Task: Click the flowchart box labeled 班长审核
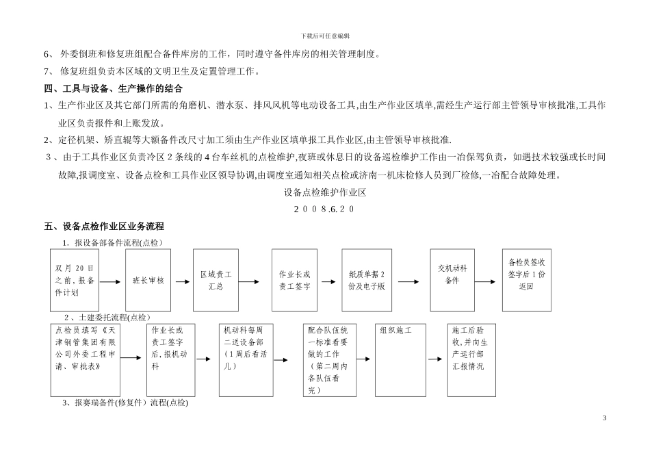(x=148, y=281)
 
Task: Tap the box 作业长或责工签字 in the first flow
(x=294, y=281)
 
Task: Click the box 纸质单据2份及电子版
(x=367, y=281)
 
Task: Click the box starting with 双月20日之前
(x=75, y=281)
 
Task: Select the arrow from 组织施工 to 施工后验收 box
(x=437, y=358)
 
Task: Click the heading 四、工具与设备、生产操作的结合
(x=113, y=89)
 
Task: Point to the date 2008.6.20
(x=324, y=209)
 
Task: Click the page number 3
(x=604, y=418)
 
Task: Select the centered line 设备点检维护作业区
(x=325, y=192)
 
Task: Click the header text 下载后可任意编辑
(x=325, y=36)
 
